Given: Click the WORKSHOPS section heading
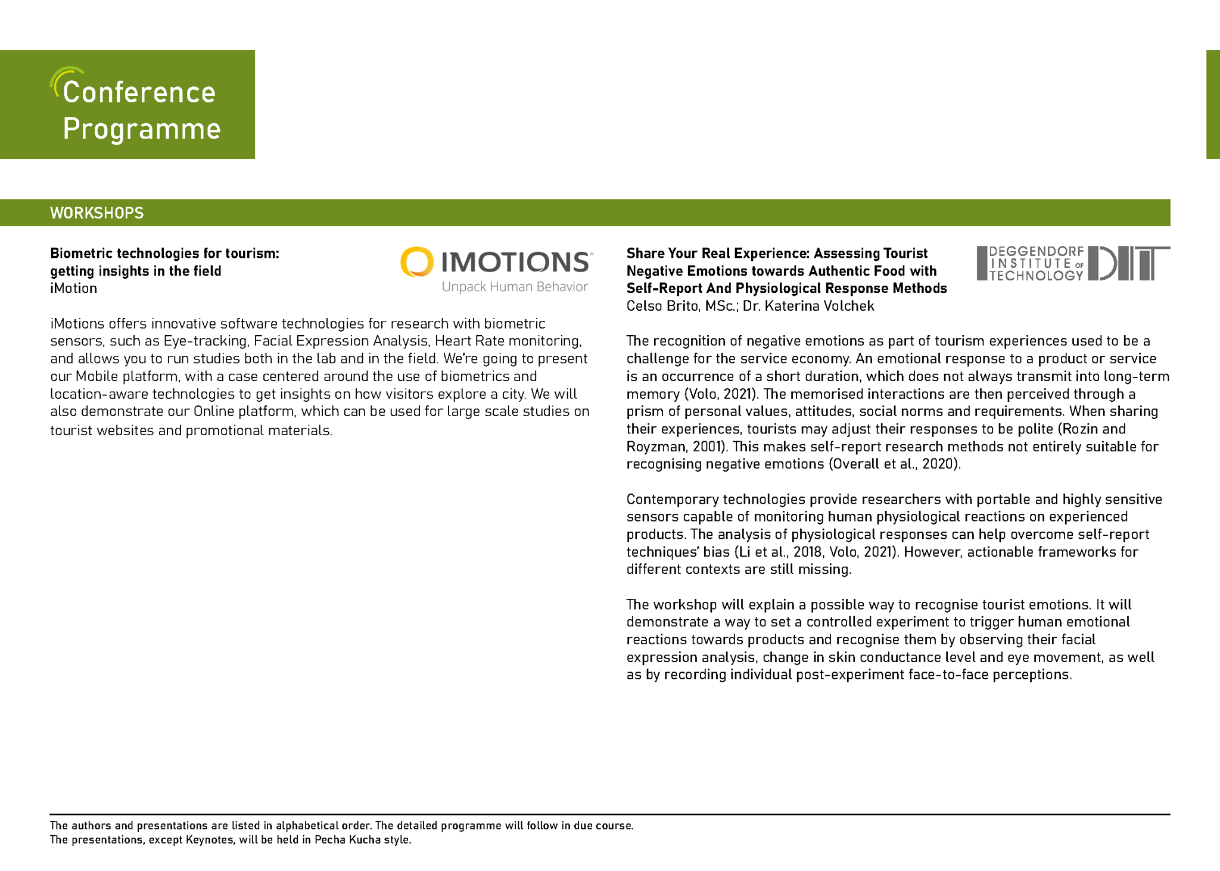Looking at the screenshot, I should click(97, 213).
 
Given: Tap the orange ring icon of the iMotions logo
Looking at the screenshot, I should click(416, 262).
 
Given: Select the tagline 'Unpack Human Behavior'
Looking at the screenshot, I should click(515, 287).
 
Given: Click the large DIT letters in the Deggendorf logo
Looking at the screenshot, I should click(1128, 263).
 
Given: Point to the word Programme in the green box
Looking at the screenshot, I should click(142, 129).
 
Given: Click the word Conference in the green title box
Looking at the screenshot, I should click(139, 92).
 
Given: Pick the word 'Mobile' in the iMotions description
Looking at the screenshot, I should click(97, 376).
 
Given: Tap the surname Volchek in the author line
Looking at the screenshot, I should click(849, 306).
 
